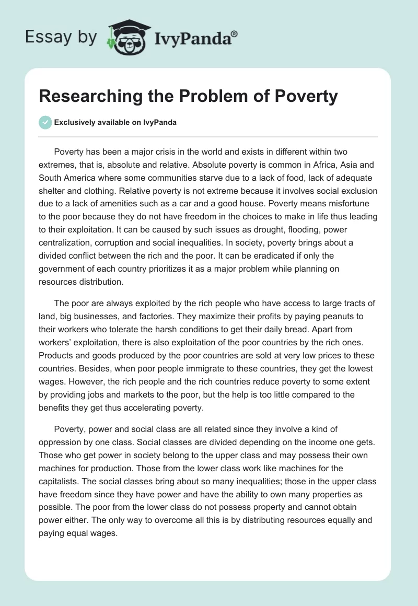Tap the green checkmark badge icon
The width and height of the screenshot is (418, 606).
click(x=46, y=122)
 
